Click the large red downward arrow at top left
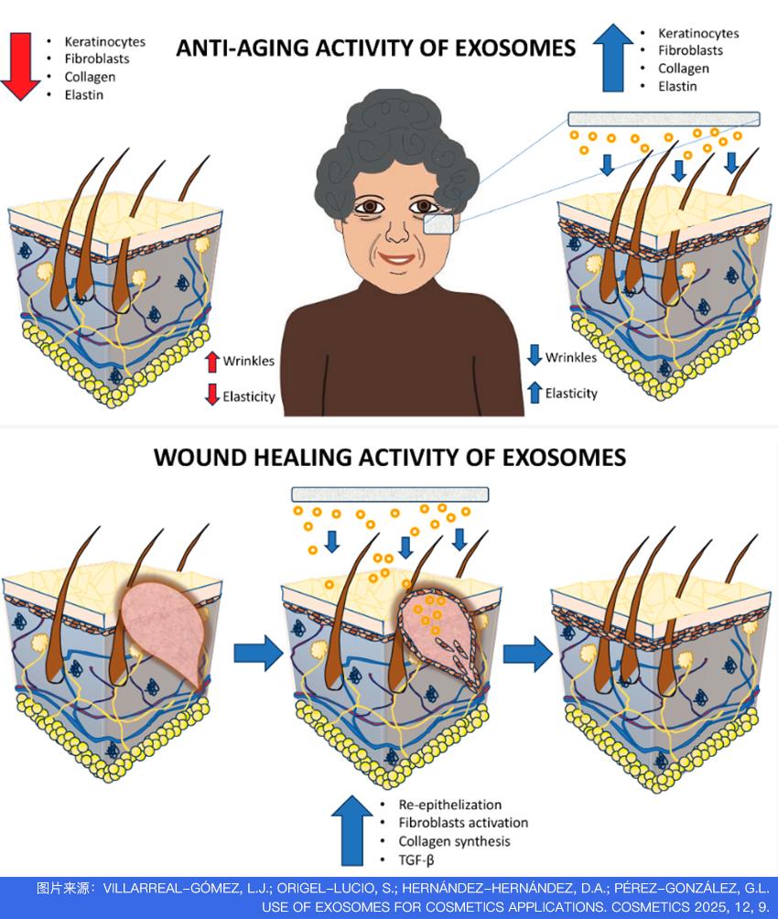[x=20, y=66]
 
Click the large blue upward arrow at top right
[x=612, y=58]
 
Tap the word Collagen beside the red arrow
[x=90, y=77]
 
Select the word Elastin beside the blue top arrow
[x=677, y=86]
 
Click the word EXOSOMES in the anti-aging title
[x=514, y=49]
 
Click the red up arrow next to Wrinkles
[x=212, y=362]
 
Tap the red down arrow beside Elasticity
[x=212, y=395]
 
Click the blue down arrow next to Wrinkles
[x=535, y=355]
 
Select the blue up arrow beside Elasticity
[x=535, y=392]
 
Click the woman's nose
[x=397, y=231]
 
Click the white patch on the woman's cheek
[x=438, y=224]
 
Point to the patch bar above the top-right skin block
[x=664, y=119]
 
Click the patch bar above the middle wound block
[x=390, y=494]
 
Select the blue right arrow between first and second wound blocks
[x=258, y=653]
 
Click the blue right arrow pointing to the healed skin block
[x=527, y=653]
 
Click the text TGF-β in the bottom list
[x=416, y=860]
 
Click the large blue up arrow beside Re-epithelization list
[x=351, y=830]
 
